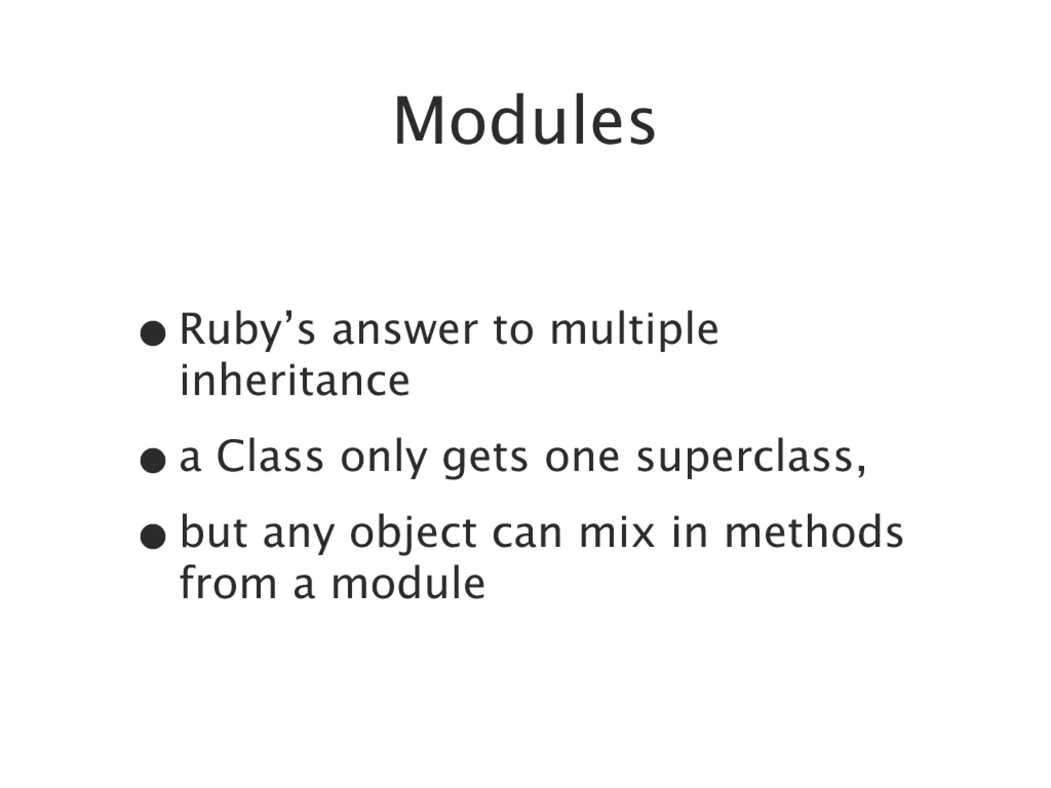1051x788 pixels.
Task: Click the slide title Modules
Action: (x=524, y=122)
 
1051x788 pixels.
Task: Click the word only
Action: (x=383, y=458)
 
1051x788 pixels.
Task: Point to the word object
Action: (x=414, y=534)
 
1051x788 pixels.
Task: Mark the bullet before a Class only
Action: (x=153, y=462)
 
